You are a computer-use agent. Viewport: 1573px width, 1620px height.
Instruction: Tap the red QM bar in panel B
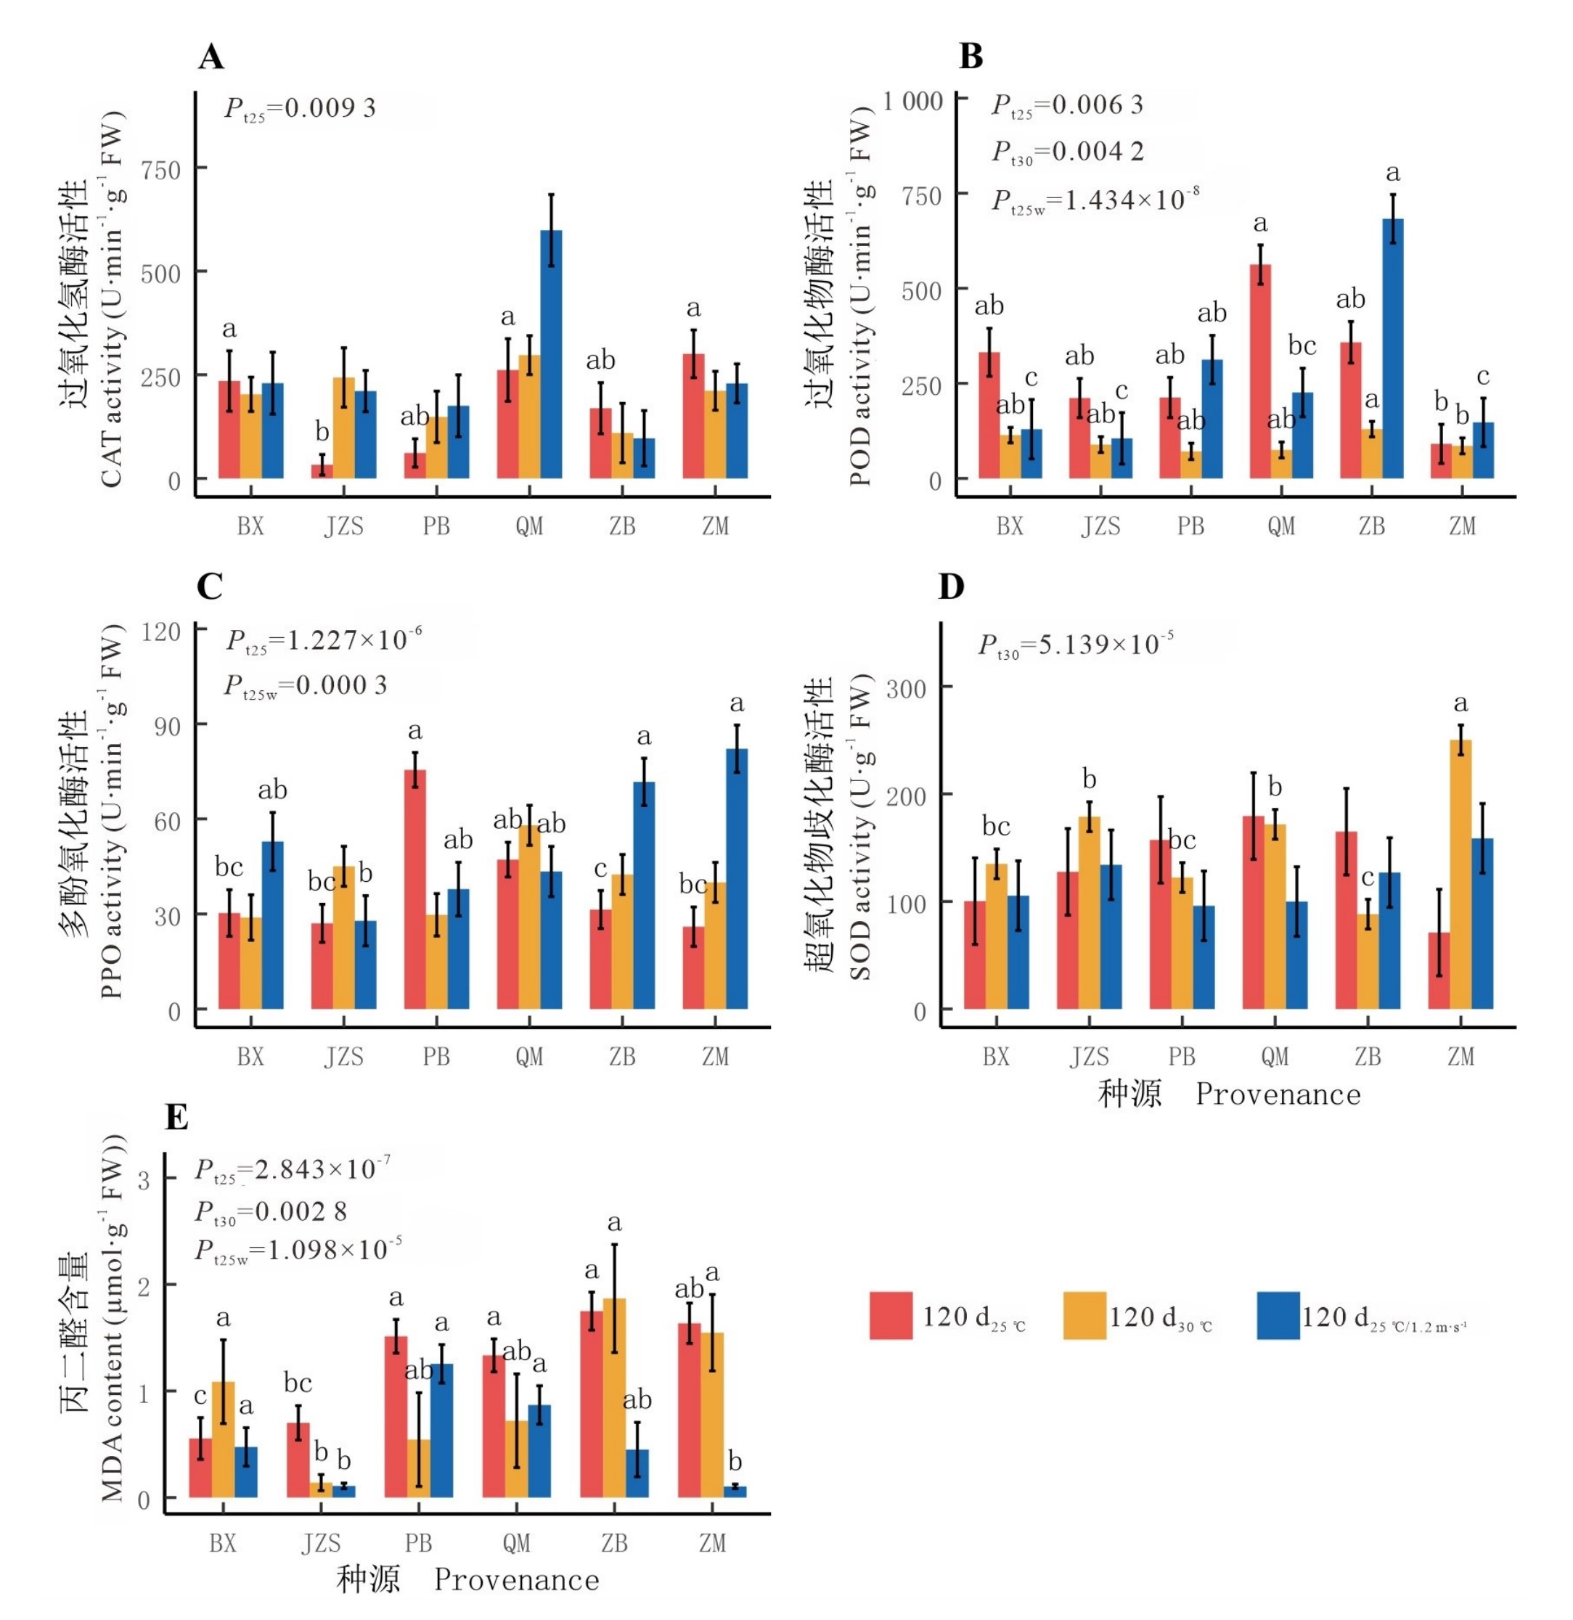pyautogui.click(x=1259, y=371)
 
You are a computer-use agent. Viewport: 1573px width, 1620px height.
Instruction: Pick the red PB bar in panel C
pyautogui.click(x=415, y=889)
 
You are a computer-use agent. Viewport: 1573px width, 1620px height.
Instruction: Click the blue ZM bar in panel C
pyautogui.click(x=737, y=879)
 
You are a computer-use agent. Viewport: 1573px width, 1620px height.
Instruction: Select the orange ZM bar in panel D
pyautogui.click(x=1460, y=875)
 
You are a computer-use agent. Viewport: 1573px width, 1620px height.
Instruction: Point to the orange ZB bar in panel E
pyautogui.click(x=614, y=1398)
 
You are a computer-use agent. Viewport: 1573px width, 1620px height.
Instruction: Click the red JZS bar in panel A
pyautogui.click(x=322, y=471)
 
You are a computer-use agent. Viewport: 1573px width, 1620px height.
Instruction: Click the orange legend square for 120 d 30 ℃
pyautogui.click(x=1084, y=1316)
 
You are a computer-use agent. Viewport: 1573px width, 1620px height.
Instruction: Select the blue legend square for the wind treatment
pyautogui.click(x=1277, y=1316)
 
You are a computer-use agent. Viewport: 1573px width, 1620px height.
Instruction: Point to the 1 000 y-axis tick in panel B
pyautogui.click(x=912, y=102)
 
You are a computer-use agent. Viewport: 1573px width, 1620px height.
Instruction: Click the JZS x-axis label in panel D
pyautogui.click(x=1089, y=1056)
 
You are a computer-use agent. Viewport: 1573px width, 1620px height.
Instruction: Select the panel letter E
pyautogui.click(x=177, y=1118)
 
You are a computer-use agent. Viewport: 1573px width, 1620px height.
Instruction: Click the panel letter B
pyautogui.click(x=971, y=56)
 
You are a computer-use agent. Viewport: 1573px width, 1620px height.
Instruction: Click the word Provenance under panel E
pyautogui.click(x=517, y=1579)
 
